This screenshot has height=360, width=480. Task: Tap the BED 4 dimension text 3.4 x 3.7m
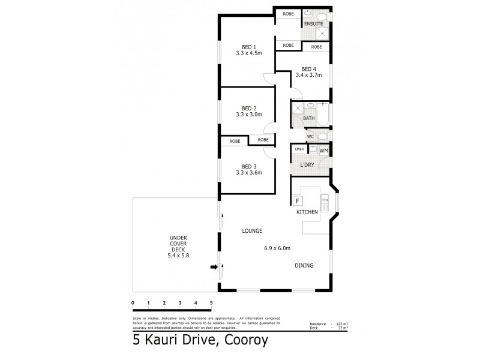tap(308, 76)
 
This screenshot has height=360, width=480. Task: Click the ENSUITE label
tap(313, 24)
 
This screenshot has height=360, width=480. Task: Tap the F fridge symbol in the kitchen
tap(297, 201)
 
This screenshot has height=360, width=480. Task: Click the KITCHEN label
tap(306, 212)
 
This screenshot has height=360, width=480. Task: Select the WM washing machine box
tap(323, 151)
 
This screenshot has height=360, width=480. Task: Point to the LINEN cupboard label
tap(299, 148)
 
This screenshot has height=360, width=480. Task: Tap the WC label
tap(310, 137)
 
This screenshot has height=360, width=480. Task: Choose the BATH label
tap(308, 118)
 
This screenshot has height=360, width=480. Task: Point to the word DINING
tap(304, 266)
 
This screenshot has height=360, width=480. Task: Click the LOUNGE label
tap(252, 231)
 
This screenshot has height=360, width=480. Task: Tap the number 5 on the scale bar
tap(211, 302)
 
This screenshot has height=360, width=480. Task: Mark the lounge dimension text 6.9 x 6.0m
tap(277, 248)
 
